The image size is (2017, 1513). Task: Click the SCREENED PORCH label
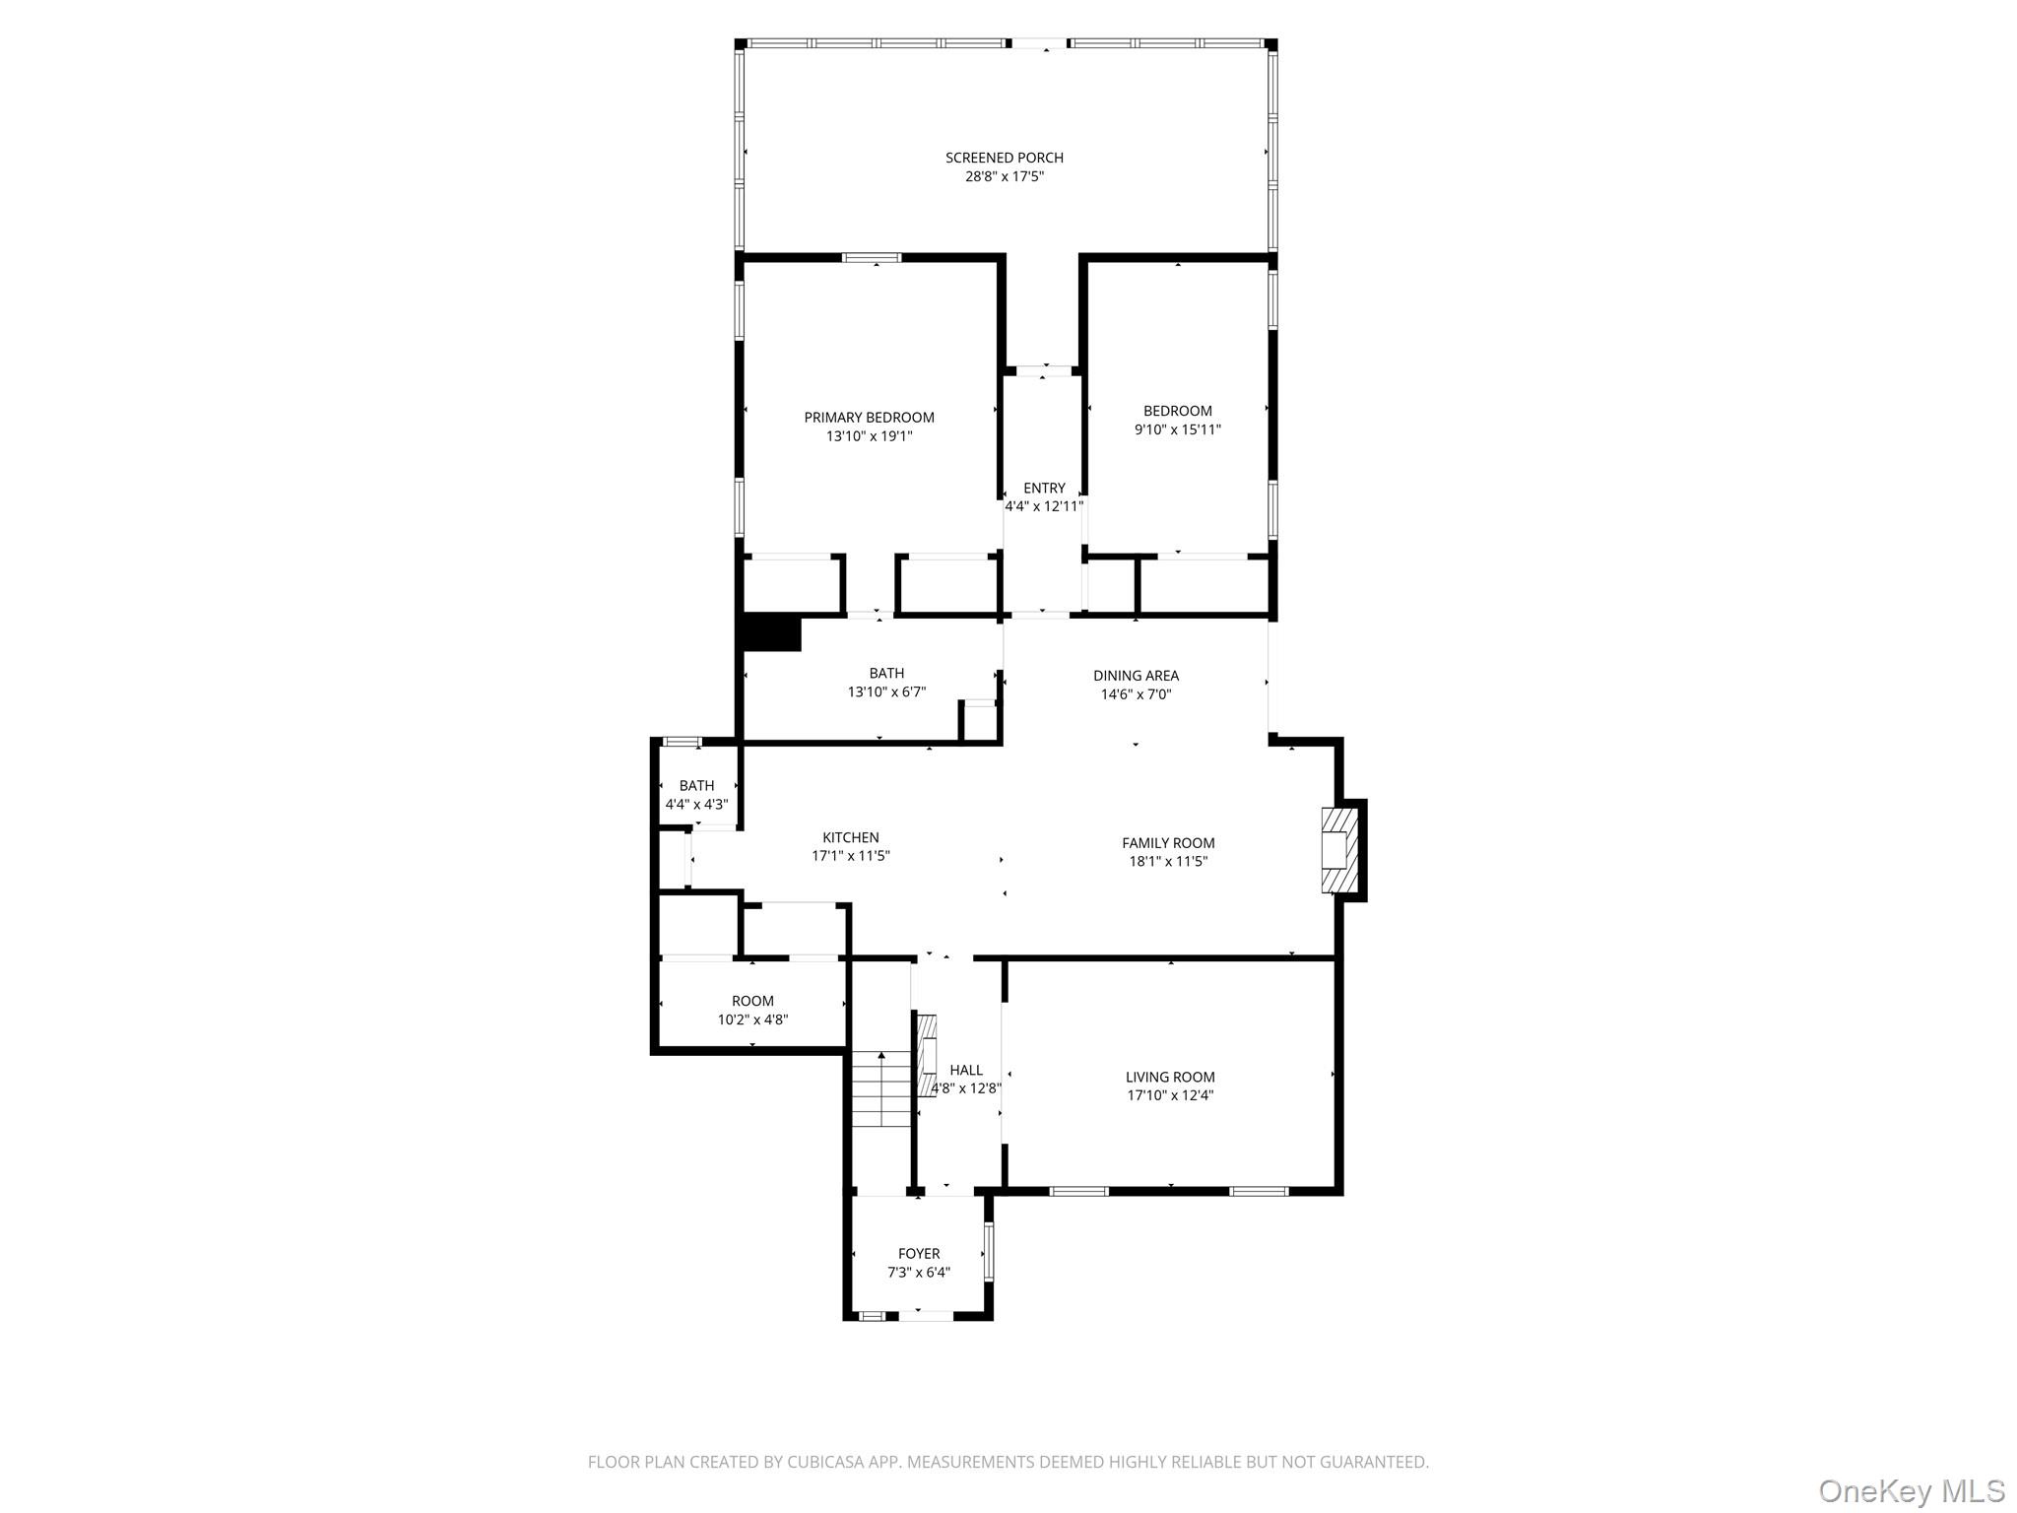[1004, 158]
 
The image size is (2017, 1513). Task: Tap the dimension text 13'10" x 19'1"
[869, 436]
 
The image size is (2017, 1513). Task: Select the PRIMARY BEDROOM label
[869, 418]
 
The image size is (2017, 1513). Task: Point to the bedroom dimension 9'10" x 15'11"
[1177, 429]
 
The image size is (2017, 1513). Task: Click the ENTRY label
[1044, 488]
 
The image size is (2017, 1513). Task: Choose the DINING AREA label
[1136, 676]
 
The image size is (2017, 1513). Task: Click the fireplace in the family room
[1336, 850]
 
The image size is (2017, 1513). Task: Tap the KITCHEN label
[850, 838]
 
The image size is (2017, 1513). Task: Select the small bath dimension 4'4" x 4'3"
[696, 805]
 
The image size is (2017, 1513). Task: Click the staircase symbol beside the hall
[882, 1088]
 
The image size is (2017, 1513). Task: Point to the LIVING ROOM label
[1170, 1078]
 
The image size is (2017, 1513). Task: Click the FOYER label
[918, 1254]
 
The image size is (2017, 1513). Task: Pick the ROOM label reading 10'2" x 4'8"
[752, 1001]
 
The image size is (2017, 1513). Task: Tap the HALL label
[966, 1070]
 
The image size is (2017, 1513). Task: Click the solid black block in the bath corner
[771, 633]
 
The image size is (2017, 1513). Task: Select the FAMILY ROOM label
[1168, 843]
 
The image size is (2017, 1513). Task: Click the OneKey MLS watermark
[1911, 1491]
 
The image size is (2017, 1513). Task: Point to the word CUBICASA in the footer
[824, 1462]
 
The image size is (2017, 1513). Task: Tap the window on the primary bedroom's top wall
[871, 258]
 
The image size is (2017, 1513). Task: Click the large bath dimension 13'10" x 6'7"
[886, 692]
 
